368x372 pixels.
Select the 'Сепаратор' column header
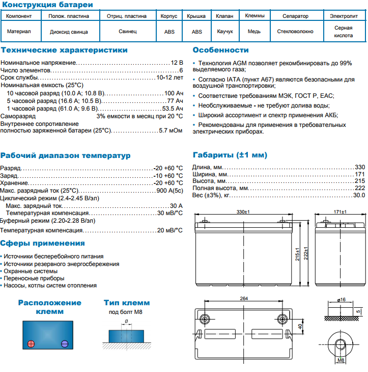(295, 16)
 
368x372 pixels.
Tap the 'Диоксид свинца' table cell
(69, 32)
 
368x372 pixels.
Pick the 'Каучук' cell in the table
(224, 32)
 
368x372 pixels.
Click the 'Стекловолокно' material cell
(295, 32)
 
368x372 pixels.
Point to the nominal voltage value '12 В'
(177, 62)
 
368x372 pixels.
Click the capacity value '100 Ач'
(174, 94)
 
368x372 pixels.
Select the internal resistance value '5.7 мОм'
(171, 130)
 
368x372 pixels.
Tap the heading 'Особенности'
(221, 50)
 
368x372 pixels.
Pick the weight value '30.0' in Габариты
(359, 195)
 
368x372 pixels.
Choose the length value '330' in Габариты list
(360, 167)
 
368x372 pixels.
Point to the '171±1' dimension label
(339, 212)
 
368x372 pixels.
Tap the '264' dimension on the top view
(244, 299)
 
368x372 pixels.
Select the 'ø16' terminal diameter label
(341, 299)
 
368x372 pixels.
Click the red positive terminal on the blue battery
(30, 343)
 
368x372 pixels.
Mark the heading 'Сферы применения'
(43, 243)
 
